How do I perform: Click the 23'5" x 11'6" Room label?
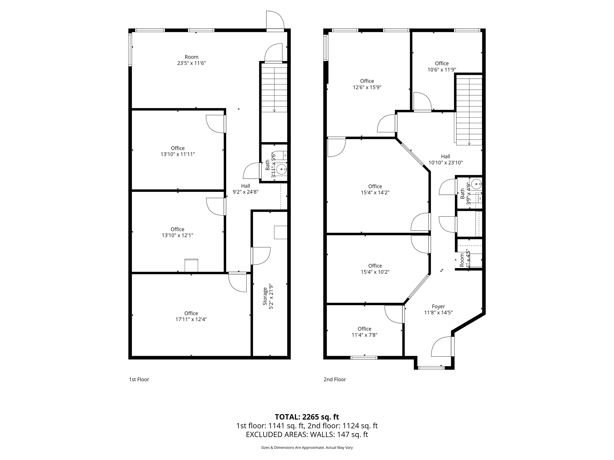[x=191, y=60]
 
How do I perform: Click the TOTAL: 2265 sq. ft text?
[x=307, y=417]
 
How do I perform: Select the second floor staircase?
[x=469, y=111]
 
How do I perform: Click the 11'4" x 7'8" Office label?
[x=364, y=332]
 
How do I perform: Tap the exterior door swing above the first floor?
[x=275, y=20]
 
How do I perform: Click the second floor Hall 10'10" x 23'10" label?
[x=446, y=160]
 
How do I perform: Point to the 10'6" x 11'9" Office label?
[x=442, y=66]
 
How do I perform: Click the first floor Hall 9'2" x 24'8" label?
[x=245, y=189]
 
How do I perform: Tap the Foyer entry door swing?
[x=442, y=347]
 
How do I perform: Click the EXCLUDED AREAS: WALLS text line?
[x=307, y=434]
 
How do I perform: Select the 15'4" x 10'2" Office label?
[x=375, y=269]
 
